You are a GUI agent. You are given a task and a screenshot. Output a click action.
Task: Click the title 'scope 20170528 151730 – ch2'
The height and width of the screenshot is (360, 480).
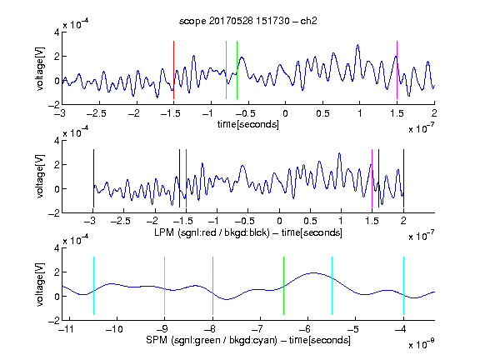[248, 21]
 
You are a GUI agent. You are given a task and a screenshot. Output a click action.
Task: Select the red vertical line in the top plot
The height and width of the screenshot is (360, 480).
[173, 70]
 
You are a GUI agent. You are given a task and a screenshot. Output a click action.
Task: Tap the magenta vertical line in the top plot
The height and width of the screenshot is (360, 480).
[397, 70]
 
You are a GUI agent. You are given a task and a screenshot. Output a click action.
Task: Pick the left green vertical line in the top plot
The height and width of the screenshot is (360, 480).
[226, 70]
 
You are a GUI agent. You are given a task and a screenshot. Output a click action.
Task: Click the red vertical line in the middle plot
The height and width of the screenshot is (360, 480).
[186, 178]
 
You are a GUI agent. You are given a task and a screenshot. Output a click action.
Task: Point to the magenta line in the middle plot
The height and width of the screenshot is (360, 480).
[372, 178]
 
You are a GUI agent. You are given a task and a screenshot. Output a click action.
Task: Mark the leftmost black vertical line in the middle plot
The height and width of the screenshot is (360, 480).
[93, 178]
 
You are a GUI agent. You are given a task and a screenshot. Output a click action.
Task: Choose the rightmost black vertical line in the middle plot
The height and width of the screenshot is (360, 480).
[404, 178]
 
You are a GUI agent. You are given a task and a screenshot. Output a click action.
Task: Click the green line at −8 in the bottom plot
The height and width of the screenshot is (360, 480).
[212, 286]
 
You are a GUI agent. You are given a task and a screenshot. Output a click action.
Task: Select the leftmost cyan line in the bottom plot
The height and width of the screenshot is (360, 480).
[93, 286]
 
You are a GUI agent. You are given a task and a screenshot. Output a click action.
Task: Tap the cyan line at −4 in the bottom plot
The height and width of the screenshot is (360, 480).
[404, 286]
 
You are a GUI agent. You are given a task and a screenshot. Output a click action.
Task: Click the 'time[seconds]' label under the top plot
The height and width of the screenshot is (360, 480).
[248, 124]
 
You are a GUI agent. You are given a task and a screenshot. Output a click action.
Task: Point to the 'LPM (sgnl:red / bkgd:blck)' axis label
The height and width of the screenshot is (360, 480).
[212, 232]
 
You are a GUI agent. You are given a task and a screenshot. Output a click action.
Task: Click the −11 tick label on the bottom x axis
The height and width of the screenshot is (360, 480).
[66, 329]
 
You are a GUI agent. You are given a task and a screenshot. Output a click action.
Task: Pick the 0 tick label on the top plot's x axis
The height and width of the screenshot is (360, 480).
[285, 113]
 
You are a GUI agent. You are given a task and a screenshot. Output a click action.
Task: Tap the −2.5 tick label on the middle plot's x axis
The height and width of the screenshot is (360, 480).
[120, 221]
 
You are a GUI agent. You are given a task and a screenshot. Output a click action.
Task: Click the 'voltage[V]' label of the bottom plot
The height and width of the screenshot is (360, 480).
[40, 284]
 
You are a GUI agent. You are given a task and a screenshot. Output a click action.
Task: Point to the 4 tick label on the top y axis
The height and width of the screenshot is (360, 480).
[57, 32]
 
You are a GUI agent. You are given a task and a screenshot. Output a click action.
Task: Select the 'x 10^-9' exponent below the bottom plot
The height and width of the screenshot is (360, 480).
[422, 344]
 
